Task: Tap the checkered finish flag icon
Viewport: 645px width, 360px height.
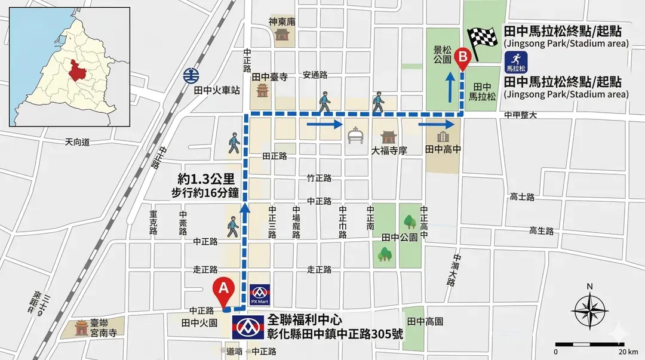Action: tap(481, 42)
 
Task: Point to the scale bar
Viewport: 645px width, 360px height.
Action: tap(589, 344)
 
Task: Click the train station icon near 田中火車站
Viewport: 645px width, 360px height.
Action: tap(191, 76)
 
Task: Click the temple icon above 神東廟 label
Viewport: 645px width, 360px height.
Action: tap(281, 35)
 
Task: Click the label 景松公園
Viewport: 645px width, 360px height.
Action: tap(442, 57)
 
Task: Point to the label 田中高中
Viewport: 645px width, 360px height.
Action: tap(443, 149)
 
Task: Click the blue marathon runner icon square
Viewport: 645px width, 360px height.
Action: tap(514, 59)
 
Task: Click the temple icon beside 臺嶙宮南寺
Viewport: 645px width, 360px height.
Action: tap(81, 327)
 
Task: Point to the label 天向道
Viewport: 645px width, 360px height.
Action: tap(77, 142)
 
